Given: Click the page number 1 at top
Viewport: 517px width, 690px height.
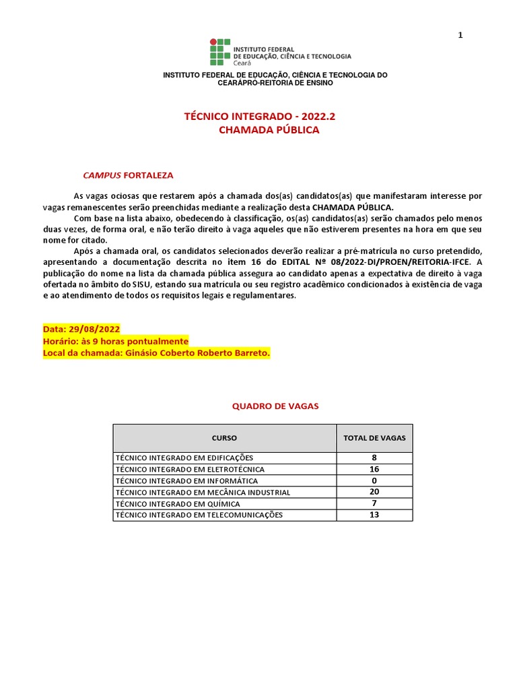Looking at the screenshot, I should point(460,35).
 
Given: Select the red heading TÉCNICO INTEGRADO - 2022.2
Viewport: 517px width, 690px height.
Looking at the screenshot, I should point(259,117).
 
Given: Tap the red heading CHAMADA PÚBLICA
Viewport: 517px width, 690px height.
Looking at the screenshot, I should point(269,130).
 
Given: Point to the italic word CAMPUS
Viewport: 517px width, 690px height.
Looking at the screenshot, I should point(102,175).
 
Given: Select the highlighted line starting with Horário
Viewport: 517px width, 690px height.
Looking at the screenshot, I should point(115,341).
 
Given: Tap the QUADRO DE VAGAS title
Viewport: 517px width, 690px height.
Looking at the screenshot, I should point(275,406).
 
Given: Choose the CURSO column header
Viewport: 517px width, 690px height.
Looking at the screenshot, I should point(224,438).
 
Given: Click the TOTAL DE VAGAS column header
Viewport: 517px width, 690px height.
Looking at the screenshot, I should point(374,438).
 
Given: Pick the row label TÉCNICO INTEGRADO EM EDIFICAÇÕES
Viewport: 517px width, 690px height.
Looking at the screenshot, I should point(184,458).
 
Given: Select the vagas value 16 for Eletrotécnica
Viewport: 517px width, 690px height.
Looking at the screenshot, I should point(374,469).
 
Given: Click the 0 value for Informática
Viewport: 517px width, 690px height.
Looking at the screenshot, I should point(374,480).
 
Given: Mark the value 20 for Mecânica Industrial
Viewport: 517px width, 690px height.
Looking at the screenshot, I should point(374,492).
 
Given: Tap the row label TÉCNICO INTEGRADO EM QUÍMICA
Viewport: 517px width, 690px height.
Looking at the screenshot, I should point(178,503).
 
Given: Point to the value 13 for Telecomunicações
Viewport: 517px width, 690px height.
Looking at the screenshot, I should point(374,515).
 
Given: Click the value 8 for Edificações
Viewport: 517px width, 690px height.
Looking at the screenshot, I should point(374,458).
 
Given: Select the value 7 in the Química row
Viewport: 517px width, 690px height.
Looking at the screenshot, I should point(374,503).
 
